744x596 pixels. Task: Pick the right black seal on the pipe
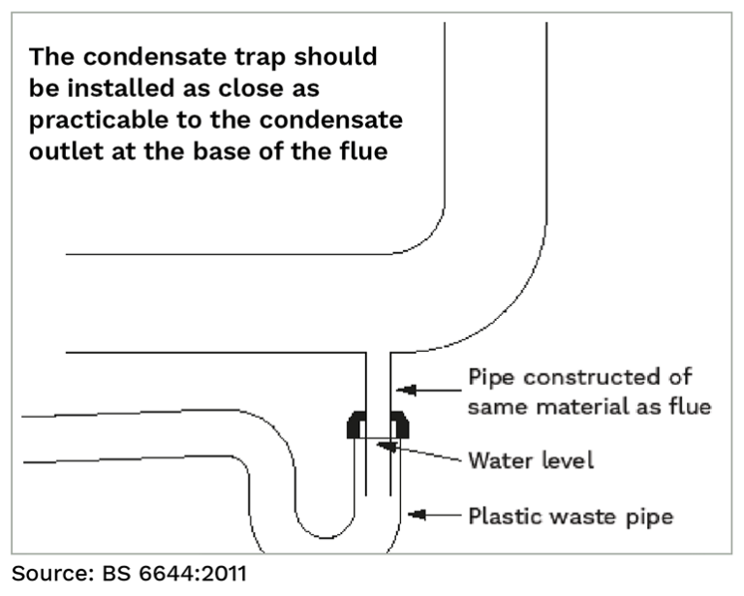coord(398,423)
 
